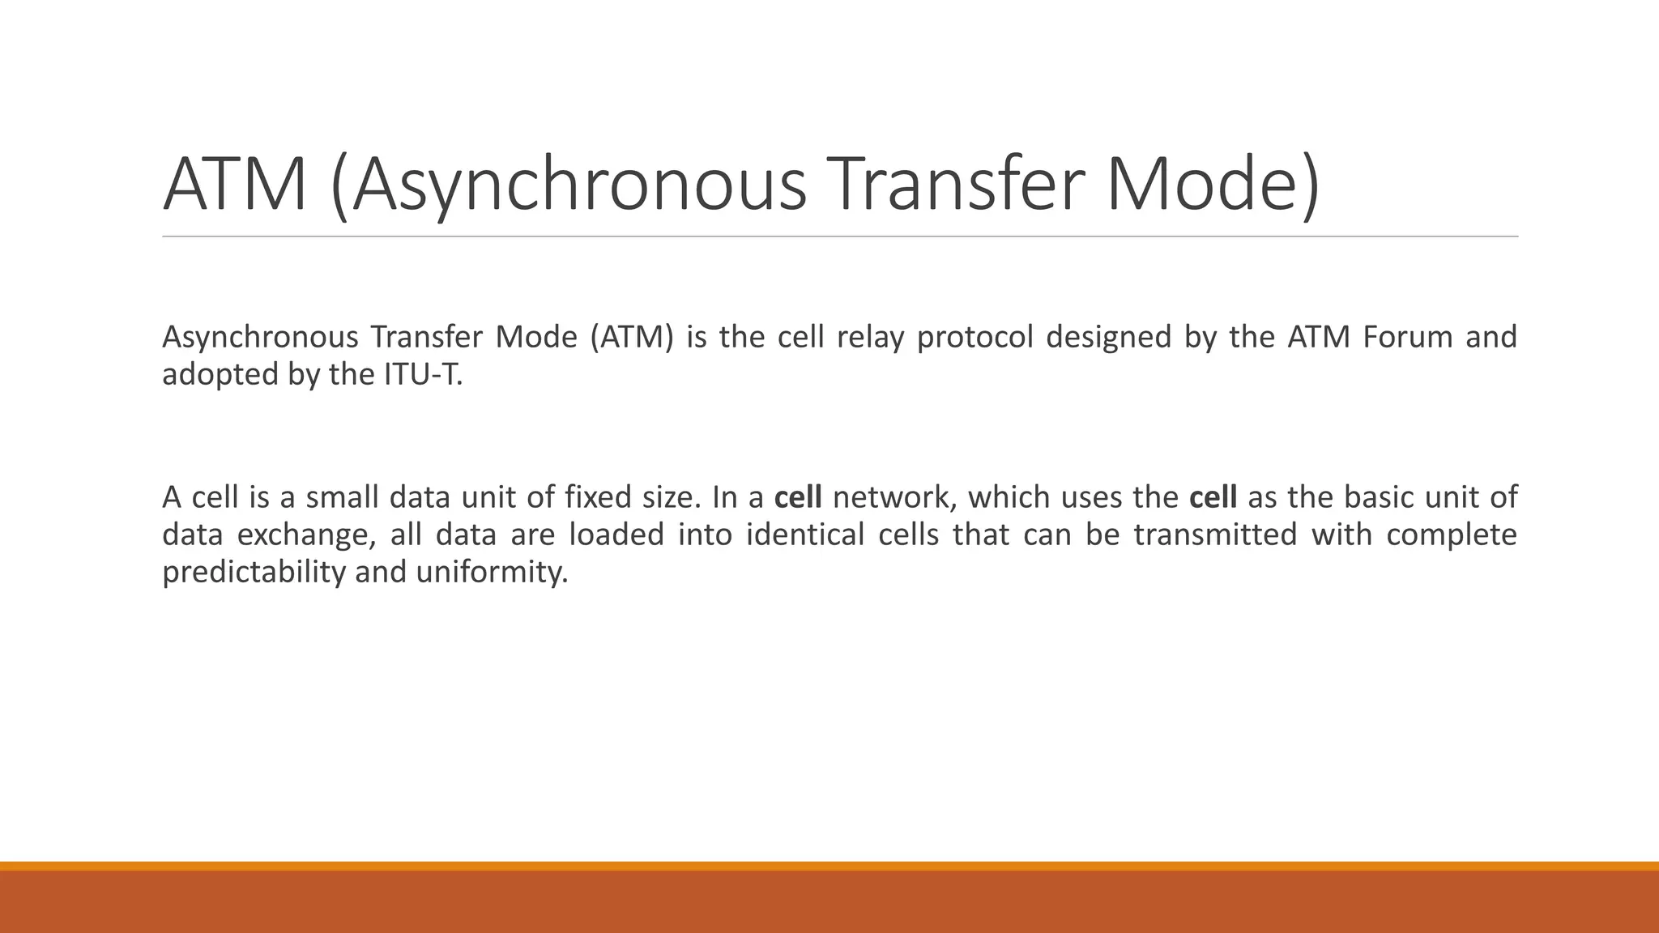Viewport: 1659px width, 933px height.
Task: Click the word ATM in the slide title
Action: tap(235, 185)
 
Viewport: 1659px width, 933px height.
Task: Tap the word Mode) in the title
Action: tap(1211, 185)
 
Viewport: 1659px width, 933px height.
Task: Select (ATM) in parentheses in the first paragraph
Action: tap(631, 337)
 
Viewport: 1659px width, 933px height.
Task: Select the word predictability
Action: tap(254, 573)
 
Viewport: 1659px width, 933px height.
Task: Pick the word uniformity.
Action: tap(492, 573)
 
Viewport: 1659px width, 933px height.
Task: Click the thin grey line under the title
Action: tap(840, 236)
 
